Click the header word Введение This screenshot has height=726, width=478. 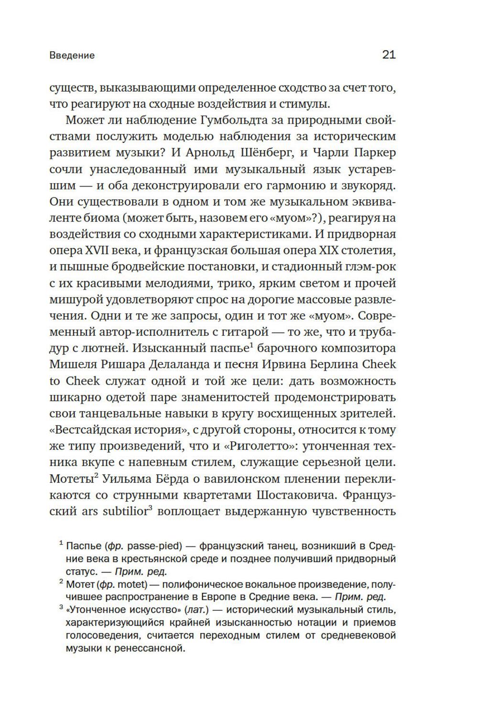[x=72, y=55]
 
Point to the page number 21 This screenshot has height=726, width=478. [x=389, y=55]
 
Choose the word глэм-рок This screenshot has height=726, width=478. [x=369, y=267]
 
